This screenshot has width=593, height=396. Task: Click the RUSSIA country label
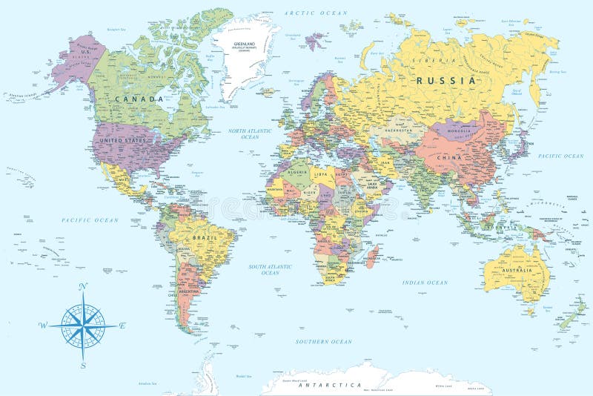click(445, 80)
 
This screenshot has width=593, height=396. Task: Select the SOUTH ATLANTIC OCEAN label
click(270, 269)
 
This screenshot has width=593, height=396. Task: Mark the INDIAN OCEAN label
click(425, 283)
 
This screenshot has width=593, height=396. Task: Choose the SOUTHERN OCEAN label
click(323, 341)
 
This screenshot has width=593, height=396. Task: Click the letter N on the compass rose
click(82, 286)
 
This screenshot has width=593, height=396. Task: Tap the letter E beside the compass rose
click(122, 325)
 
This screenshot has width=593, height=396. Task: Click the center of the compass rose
click(83, 325)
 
